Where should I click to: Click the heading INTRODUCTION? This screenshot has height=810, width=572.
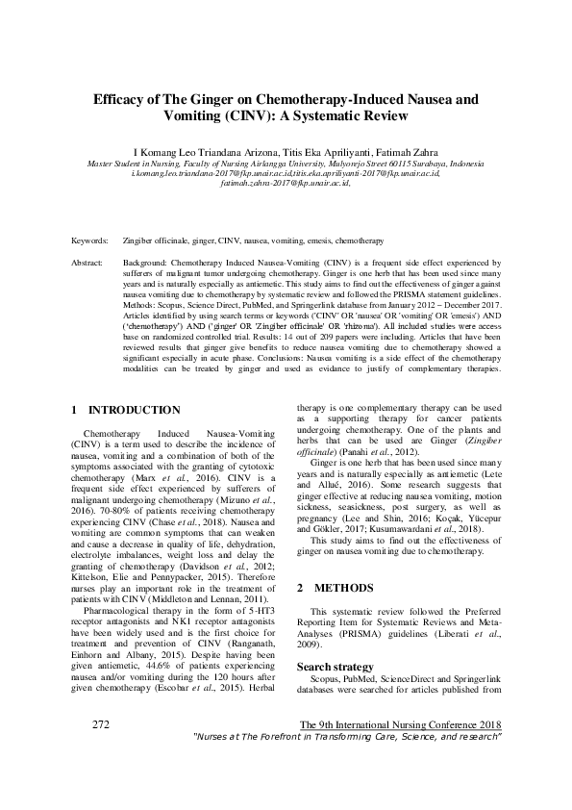tap(134, 410)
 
